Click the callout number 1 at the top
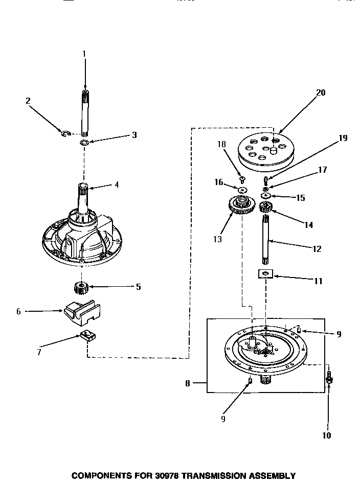click(84, 53)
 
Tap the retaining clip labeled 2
click(65, 134)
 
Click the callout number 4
click(116, 185)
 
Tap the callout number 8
click(188, 383)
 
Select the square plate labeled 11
click(264, 275)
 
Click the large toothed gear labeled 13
click(241, 206)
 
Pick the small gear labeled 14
click(265, 207)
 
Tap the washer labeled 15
click(265, 196)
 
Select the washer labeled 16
click(242, 190)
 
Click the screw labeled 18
click(242, 179)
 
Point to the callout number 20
click(321, 93)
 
